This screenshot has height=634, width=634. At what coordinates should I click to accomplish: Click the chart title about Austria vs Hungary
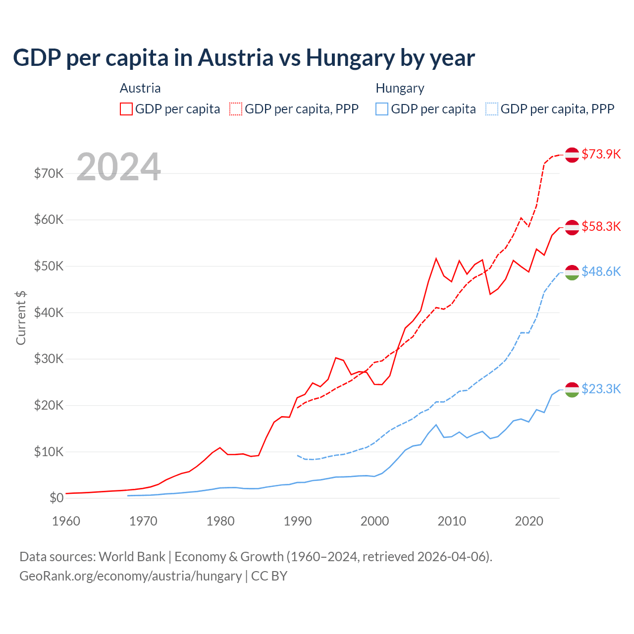[244, 57]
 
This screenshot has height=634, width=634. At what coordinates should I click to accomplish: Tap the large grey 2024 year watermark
[118, 167]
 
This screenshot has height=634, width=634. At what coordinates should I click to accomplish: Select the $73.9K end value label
[601, 154]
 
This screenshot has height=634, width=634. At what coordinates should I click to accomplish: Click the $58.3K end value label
[601, 226]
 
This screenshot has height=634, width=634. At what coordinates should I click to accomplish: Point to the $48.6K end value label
[601, 271]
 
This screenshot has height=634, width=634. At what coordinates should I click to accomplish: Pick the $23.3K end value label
[601, 389]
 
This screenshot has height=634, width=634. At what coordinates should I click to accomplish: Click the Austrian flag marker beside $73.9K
[572, 155]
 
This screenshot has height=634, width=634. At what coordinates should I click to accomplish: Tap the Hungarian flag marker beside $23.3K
[572, 390]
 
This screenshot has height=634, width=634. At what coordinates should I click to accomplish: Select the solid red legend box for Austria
[126, 109]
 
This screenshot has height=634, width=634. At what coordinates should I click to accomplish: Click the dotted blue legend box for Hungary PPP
[492, 109]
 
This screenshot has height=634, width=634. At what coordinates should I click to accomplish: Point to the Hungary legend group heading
[400, 88]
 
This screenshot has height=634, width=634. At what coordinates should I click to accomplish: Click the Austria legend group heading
[140, 88]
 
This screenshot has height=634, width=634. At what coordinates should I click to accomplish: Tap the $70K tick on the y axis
[49, 173]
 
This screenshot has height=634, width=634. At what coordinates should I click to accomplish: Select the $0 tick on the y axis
[56, 498]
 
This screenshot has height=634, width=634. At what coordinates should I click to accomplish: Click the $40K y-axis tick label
[49, 313]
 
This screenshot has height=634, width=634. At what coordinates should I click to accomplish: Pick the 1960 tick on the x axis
[66, 521]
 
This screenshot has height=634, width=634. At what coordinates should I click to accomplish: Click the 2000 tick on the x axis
[374, 521]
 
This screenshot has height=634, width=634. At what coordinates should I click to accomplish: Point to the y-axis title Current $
[21, 318]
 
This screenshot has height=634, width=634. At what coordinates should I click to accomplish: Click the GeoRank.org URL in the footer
[130, 576]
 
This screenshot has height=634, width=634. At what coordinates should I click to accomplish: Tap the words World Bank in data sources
[132, 557]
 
